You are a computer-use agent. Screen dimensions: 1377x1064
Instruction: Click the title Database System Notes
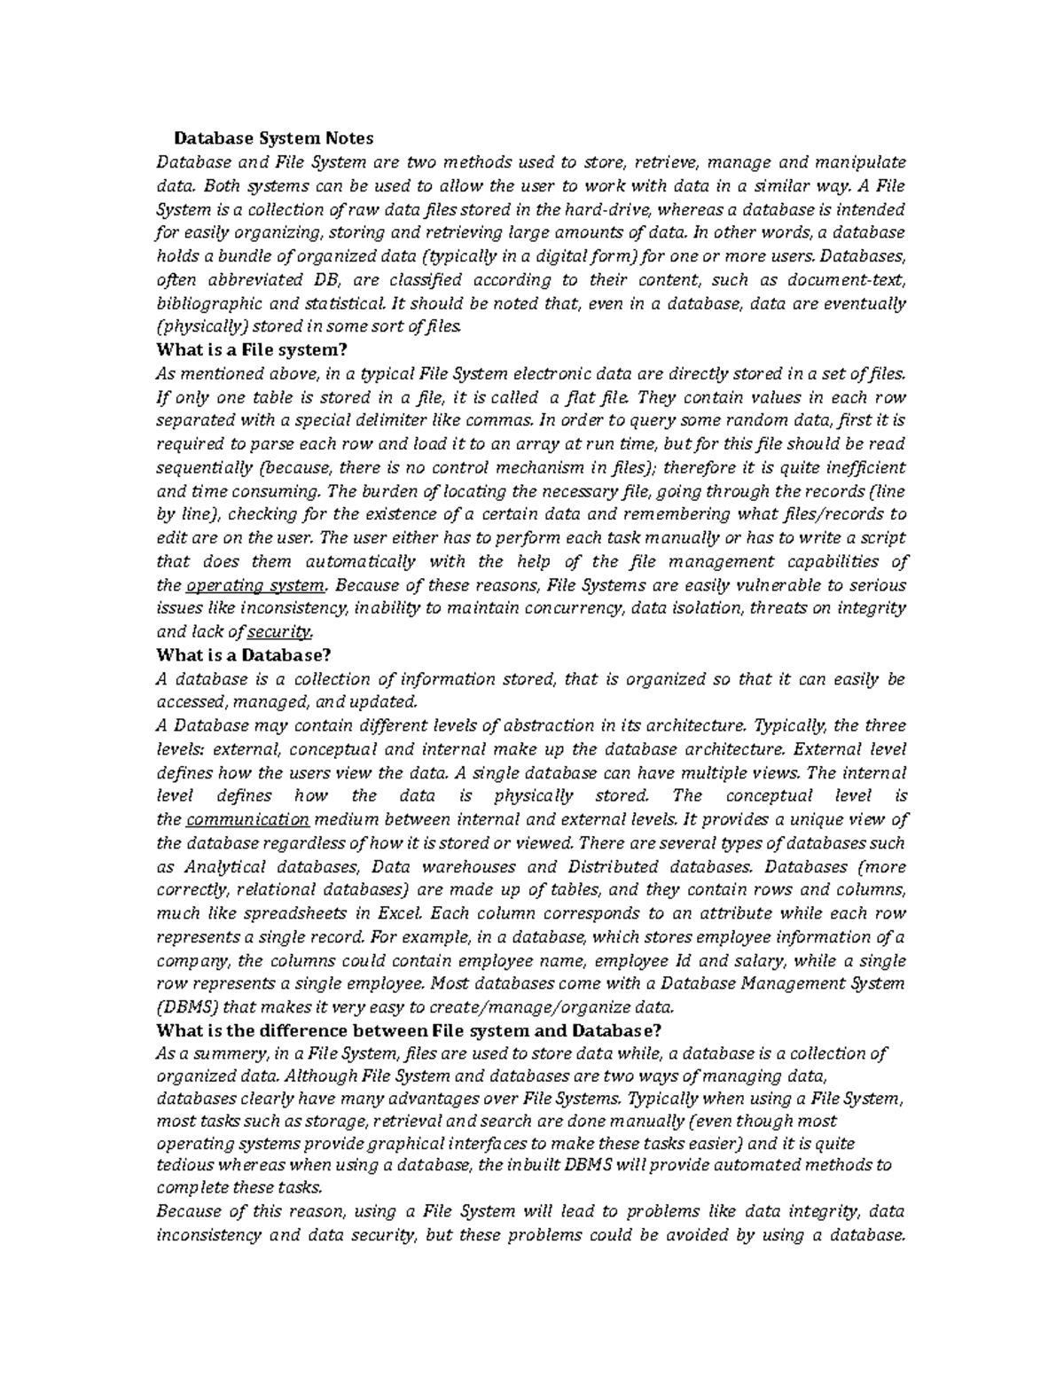click(273, 138)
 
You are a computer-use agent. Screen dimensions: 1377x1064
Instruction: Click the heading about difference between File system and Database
click(408, 1030)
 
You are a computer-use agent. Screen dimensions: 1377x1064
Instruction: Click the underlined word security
click(279, 632)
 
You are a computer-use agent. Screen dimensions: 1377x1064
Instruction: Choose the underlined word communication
click(247, 819)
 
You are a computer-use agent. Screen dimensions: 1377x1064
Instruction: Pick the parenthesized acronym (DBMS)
click(186, 1007)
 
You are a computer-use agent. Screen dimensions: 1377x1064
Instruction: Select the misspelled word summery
click(226, 1053)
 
